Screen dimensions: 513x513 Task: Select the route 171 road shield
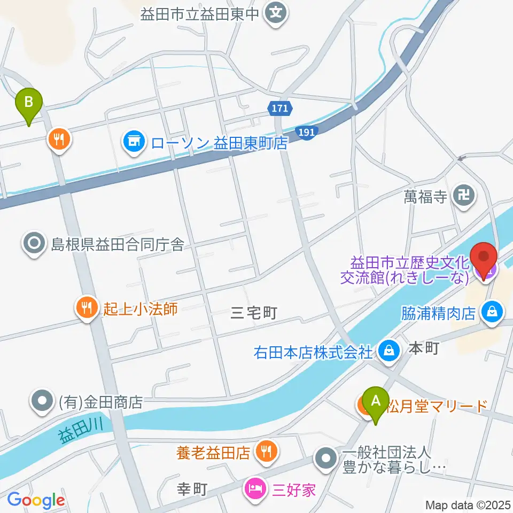point(279,108)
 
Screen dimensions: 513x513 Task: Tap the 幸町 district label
point(191,489)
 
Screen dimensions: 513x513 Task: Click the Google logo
point(36,500)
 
